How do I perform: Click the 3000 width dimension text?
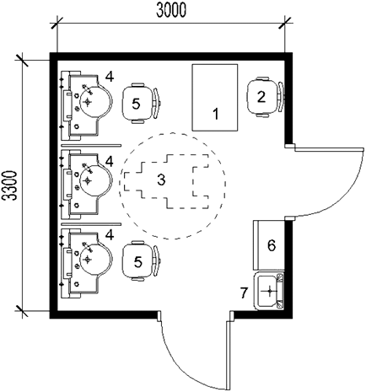[x=171, y=11]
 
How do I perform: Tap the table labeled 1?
[x=215, y=97]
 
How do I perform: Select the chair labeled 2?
[x=262, y=96]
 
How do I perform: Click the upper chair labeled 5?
[x=138, y=103]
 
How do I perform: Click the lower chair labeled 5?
[x=138, y=260]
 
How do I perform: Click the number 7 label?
[x=245, y=293]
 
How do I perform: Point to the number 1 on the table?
[x=216, y=113]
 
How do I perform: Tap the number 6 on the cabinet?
[x=271, y=245]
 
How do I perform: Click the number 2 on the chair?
[x=261, y=96]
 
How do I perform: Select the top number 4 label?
[x=108, y=77]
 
